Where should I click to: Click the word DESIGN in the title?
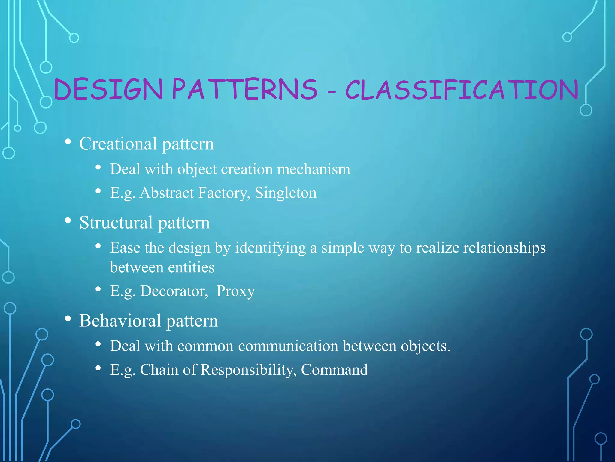click(x=108, y=89)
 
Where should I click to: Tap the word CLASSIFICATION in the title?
click(x=462, y=90)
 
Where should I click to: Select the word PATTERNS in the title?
click(x=245, y=89)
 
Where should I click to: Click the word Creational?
click(x=118, y=144)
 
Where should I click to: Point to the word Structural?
click(x=116, y=223)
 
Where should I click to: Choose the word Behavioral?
click(x=120, y=321)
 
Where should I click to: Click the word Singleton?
click(x=286, y=193)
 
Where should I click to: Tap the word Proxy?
click(x=235, y=291)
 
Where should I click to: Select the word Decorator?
click(x=174, y=291)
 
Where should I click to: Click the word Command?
click(x=334, y=370)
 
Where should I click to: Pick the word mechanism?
click(x=314, y=169)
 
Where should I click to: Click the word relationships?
click(x=504, y=248)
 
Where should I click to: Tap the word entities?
click(x=191, y=267)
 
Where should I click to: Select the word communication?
click(x=288, y=346)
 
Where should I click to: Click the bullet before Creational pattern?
click(x=68, y=141)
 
